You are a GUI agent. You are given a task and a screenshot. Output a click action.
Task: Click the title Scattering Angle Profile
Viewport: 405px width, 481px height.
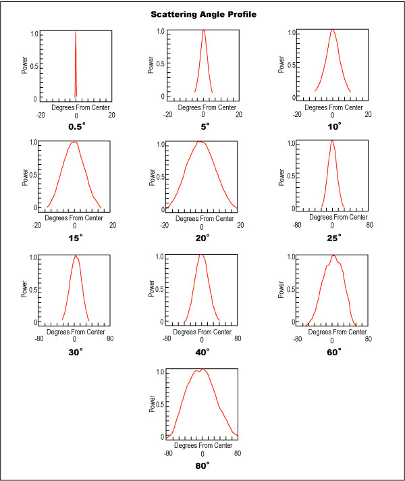pyautogui.click(x=202, y=14)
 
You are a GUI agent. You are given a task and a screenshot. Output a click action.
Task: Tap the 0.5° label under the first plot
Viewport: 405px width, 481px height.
pyautogui.click(x=76, y=126)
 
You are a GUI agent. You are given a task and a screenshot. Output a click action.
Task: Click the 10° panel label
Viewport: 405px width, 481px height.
pyautogui.click(x=332, y=126)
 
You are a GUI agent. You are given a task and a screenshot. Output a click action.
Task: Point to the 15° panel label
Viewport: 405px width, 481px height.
pyautogui.click(x=76, y=237)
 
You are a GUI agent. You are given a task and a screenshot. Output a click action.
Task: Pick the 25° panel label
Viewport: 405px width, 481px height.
pyautogui.click(x=332, y=237)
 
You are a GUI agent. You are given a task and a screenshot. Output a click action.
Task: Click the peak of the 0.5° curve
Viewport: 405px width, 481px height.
pyautogui.click(x=76, y=31)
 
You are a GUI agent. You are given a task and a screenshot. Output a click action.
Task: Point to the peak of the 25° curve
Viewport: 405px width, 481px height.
pyautogui.click(x=332, y=141)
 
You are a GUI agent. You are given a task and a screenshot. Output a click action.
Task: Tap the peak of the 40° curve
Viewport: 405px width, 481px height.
pyautogui.click(x=202, y=255)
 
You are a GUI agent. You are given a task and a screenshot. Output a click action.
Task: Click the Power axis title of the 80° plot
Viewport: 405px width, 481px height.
pyautogui.click(x=153, y=405)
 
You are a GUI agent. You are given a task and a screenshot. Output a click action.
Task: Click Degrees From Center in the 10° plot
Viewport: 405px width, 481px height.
pyautogui.click(x=332, y=107)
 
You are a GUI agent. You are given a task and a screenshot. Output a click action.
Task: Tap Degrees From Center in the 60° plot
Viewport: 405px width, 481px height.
pyautogui.click(x=332, y=332)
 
